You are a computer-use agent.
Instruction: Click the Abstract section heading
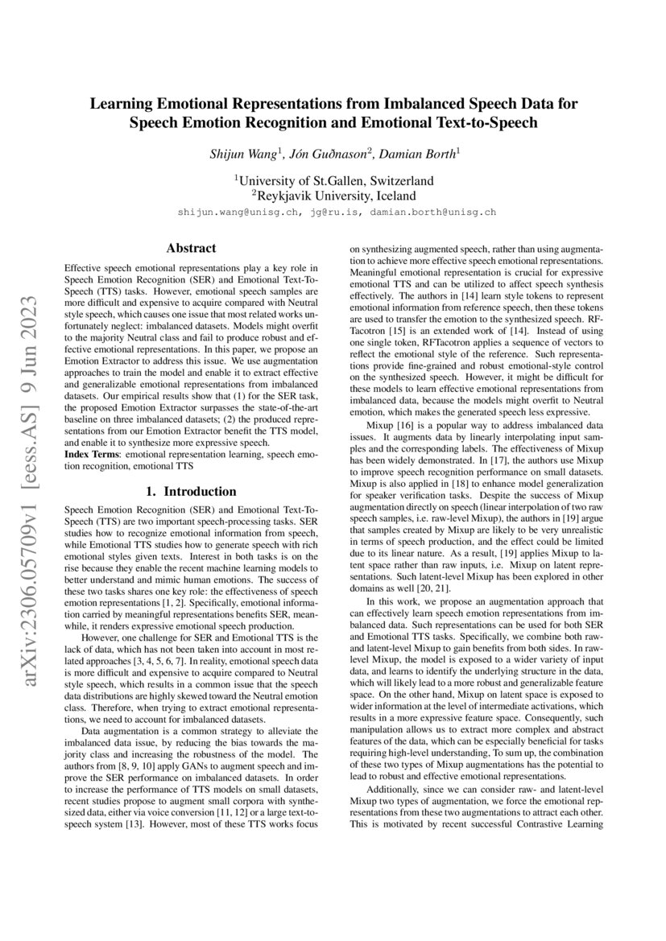pos(191,249)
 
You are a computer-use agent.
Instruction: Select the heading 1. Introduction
pos(191,491)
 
